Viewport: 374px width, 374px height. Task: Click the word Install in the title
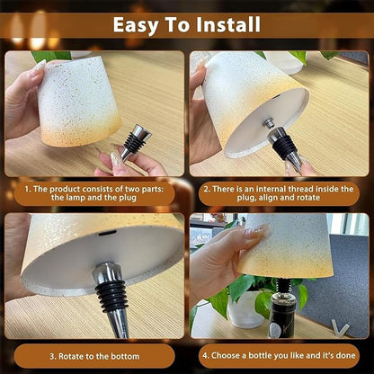point(228,24)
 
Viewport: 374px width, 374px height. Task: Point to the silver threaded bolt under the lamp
point(268,122)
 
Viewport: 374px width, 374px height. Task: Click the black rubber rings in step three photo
point(111,296)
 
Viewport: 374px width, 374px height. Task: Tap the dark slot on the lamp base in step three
point(108,233)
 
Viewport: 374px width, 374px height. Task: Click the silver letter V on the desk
point(340,328)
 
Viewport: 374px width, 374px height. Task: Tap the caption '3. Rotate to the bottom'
point(94,356)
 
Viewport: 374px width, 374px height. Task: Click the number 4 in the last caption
point(205,356)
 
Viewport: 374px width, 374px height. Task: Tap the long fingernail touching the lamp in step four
point(257,231)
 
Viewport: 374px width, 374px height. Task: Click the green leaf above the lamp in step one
point(51,56)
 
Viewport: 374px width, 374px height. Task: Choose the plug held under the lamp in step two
point(285,148)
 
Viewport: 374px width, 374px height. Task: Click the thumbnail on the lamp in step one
point(39,67)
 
